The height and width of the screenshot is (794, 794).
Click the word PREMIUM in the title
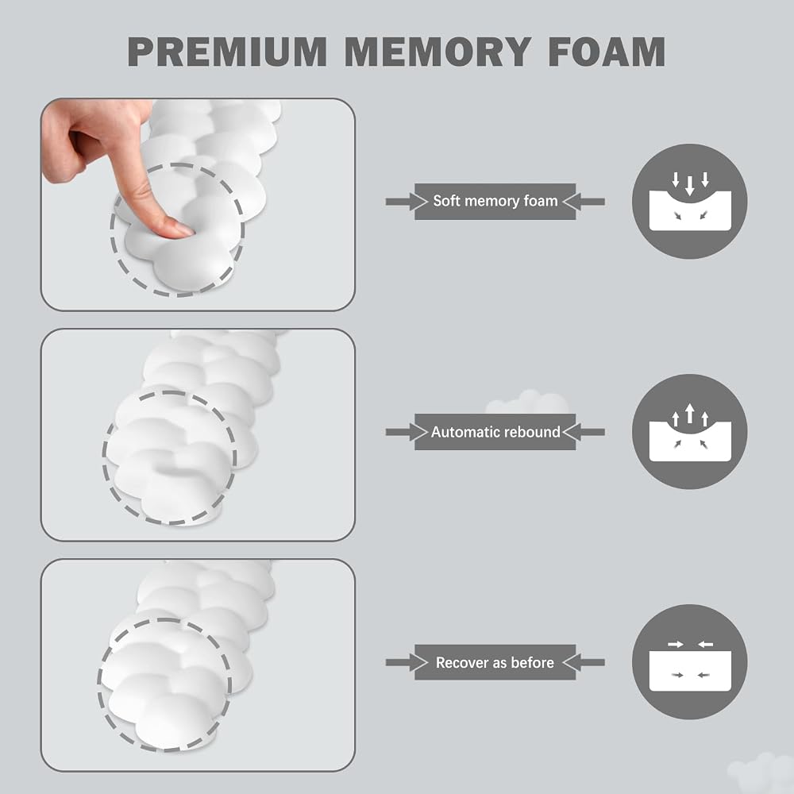[x=227, y=52]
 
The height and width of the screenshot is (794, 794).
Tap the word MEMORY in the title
[x=438, y=52]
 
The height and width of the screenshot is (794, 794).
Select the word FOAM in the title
[x=607, y=52]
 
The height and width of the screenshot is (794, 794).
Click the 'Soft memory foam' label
[x=495, y=201]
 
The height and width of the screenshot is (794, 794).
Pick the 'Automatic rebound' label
[x=495, y=432]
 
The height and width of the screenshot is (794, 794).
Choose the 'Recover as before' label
[x=495, y=662]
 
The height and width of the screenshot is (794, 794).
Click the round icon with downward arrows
[x=690, y=202]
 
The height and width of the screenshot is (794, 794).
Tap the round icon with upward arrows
[x=690, y=431]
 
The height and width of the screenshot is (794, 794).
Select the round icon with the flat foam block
[x=690, y=662]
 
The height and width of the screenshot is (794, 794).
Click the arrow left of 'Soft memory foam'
[x=407, y=202]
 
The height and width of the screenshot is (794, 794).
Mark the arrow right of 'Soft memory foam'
[x=584, y=202]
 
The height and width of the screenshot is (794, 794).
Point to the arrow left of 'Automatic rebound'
[x=407, y=432]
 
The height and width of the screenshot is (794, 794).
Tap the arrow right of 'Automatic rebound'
[x=584, y=432]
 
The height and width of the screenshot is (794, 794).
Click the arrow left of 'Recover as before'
[x=407, y=662]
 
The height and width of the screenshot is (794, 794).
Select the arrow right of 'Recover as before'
[x=584, y=662]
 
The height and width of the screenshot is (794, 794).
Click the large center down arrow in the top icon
[x=690, y=186]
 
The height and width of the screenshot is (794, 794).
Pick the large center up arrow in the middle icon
[x=690, y=413]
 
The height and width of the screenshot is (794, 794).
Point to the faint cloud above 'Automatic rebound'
[x=526, y=402]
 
